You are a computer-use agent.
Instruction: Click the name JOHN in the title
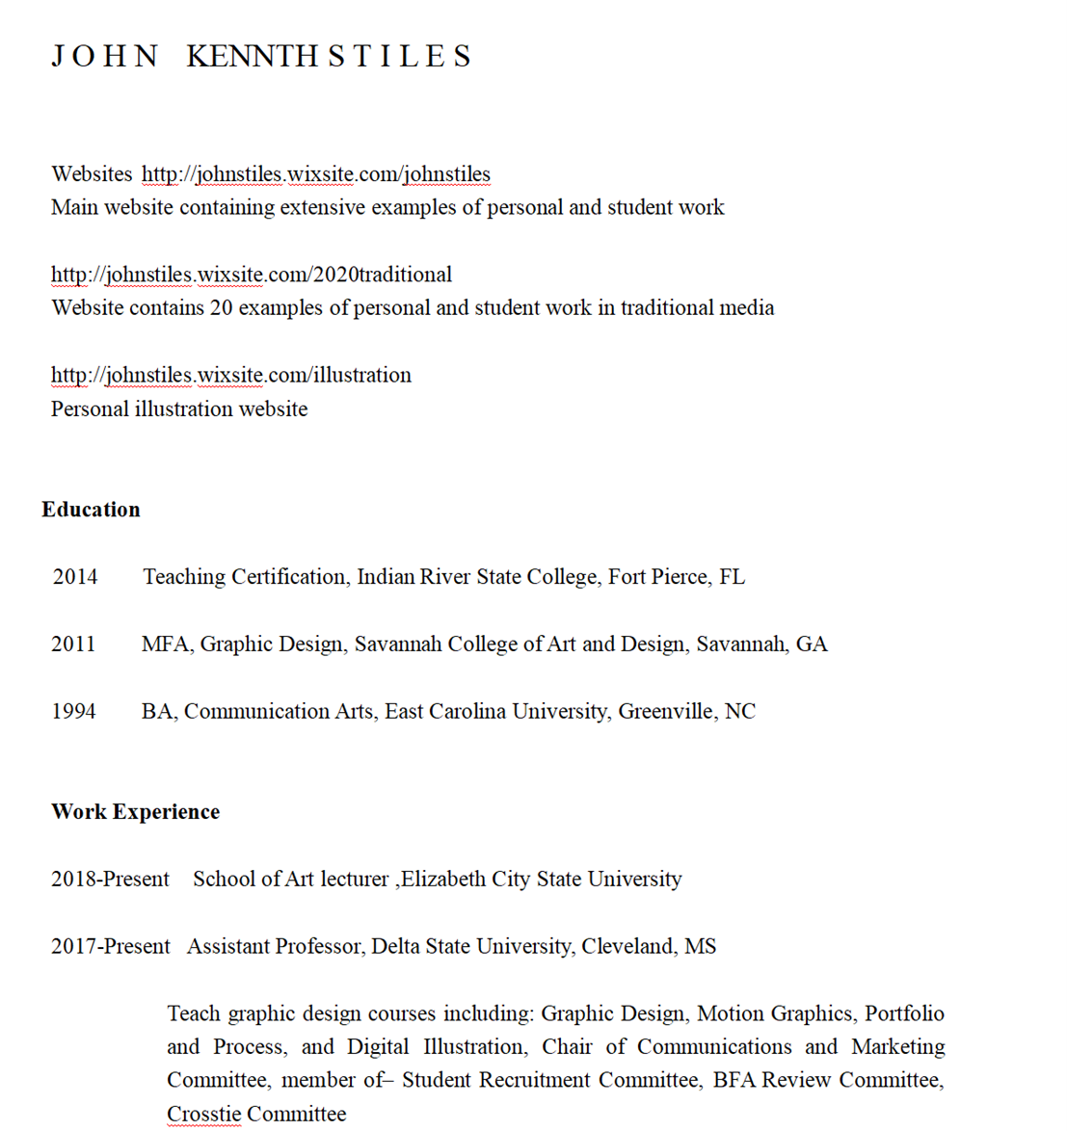coord(104,56)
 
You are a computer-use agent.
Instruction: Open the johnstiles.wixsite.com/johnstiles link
coord(315,174)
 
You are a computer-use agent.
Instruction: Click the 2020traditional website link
coord(251,275)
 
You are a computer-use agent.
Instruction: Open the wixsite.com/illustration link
coord(230,375)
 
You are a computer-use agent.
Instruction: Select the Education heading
coord(91,510)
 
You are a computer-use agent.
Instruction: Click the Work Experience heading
coord(135,812)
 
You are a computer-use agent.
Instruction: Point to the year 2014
coord(75,577)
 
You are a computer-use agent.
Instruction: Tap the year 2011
coord(73,644)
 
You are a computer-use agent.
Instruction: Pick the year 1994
coord(73,712)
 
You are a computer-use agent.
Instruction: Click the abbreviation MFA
coord(166,644)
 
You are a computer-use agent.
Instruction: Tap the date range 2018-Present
coord(110,880)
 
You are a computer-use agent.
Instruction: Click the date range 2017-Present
coord(110,947)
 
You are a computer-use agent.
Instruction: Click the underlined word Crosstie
coord(203,1115)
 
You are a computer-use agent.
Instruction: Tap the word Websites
coord(92,174)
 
